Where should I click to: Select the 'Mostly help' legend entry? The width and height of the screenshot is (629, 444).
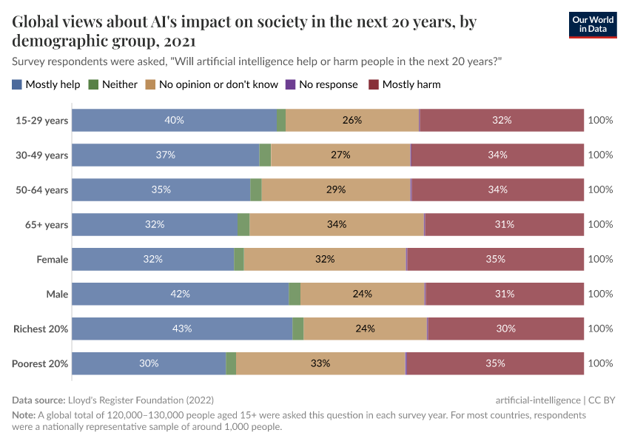pyautogui.click(x=46, y=84)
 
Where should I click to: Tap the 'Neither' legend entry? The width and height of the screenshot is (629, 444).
pyautogui.click(x=112, y=84)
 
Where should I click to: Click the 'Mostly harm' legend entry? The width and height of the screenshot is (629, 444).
pyautogui.click(x=405, y=84)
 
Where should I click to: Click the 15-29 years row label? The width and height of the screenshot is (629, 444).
pyautogui.click(x=41, y=120)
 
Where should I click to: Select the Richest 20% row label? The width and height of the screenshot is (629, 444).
pyautogui.click(x=41, y=329)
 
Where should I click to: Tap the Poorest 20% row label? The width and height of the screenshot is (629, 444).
pyautogui.click(x=40, y=363)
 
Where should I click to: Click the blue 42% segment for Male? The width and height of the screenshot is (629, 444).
pyautogui.click(x=180, y=294)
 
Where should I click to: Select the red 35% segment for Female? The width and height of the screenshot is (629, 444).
pyautogui.click(x=495, y=259)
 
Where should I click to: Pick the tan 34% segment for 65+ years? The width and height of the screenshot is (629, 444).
pyautogui.click(x=336, y=224)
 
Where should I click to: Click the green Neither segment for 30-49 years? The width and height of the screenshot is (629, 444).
pyautogui.click(x=265, y=155)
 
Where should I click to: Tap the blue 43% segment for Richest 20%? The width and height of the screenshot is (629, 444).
pyautogui.click(x=182, y=329)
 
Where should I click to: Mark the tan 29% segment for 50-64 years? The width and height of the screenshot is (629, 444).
pyautogui.click(x=336, y=189)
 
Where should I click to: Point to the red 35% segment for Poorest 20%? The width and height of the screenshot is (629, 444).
pyautogui.click(x=495, y=363)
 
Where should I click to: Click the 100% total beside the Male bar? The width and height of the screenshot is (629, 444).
pyautogui.click(x=600, y=294)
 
